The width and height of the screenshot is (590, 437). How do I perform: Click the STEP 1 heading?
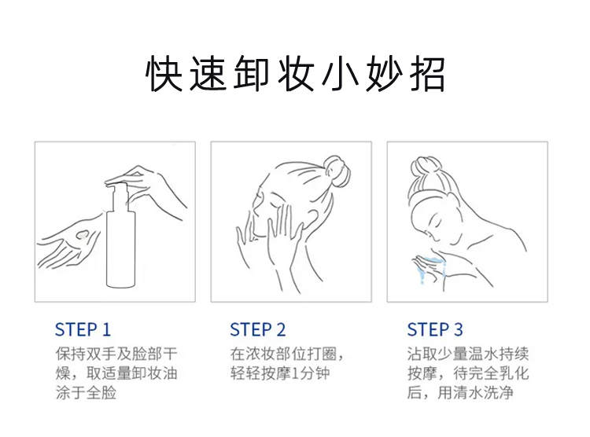pos(83,329)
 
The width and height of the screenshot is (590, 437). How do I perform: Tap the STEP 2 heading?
pos(258,329)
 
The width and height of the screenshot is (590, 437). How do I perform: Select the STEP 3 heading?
pos(434,329)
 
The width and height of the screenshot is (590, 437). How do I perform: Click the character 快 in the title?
pos(164,74)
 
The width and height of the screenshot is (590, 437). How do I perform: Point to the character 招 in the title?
pos(426,74)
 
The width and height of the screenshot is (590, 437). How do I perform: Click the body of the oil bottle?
pos(120,249)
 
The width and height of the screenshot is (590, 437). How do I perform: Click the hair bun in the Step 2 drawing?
pos(337,170)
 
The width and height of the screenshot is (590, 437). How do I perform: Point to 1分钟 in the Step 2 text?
pos(311,373)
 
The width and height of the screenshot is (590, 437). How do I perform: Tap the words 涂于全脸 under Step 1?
pos(86,393)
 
